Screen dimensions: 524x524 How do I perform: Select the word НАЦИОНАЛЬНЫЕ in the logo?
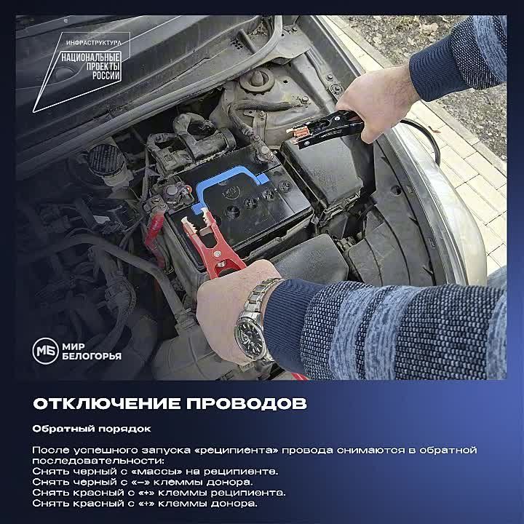[92, 56]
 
